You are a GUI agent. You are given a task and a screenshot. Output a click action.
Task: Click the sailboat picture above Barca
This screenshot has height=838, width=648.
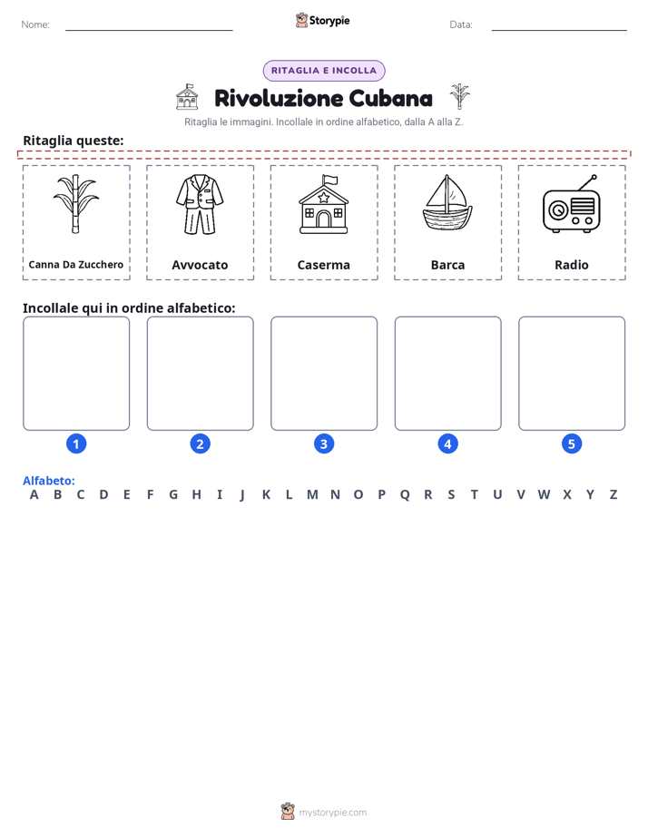pos(447,203)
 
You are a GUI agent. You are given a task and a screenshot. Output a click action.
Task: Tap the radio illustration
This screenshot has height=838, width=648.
pos(572,204)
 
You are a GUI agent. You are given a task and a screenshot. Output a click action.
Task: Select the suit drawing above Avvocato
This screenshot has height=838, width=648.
pos(200,205)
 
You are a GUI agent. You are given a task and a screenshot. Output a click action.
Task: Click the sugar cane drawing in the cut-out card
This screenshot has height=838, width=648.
pos(76,204)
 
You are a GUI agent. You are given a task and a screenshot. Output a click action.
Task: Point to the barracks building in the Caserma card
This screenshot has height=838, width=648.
pos(323,204)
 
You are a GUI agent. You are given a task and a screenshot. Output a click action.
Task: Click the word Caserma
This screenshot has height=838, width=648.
pos(323,265)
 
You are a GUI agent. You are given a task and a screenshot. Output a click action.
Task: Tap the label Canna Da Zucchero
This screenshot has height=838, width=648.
pos(76,265)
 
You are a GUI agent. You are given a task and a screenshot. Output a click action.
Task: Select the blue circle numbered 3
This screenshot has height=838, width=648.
pos(324,443)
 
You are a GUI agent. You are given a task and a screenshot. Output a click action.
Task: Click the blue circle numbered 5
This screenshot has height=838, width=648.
pos(572,443)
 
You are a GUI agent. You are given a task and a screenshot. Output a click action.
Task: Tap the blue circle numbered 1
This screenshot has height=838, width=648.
pos(76,443)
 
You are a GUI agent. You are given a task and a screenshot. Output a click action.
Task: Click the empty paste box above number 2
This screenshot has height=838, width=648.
pos(200,373)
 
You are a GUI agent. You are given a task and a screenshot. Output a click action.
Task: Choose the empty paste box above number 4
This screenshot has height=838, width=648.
pos(448,373)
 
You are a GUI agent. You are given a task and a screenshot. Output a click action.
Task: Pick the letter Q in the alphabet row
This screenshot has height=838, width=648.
pos(405,495)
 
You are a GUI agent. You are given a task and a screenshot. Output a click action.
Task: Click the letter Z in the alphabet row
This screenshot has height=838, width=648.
pos(614,495)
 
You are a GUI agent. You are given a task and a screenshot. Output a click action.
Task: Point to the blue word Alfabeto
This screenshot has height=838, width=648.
pos(49,481)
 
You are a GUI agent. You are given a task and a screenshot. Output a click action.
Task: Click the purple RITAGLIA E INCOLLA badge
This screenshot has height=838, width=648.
pos(324,71)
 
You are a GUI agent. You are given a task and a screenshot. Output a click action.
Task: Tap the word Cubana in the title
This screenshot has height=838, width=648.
pos(391,98)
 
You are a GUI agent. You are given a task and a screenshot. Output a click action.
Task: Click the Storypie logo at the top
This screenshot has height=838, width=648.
pos(322,20)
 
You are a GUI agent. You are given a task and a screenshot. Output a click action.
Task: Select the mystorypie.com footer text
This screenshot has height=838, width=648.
pos(332,813)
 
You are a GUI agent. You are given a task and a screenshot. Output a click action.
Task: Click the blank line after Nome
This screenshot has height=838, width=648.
pos(149,30)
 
